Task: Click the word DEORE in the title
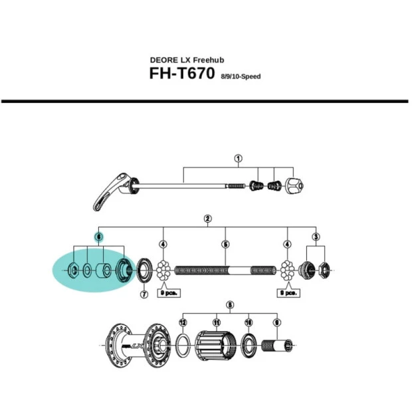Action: click(x=165, y=59)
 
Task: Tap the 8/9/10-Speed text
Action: click(x=241, y=77)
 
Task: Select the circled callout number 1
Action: click(x=238, y=159)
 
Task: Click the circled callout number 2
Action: click(x=208, y=219)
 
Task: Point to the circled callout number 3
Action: click(x=316, y=237)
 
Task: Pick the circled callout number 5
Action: click(x=225, y=245)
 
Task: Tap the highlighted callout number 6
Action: click(x=98, y=237)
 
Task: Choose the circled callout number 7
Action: click(x=144, y=294)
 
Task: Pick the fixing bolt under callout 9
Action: click(x=277, y=346)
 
